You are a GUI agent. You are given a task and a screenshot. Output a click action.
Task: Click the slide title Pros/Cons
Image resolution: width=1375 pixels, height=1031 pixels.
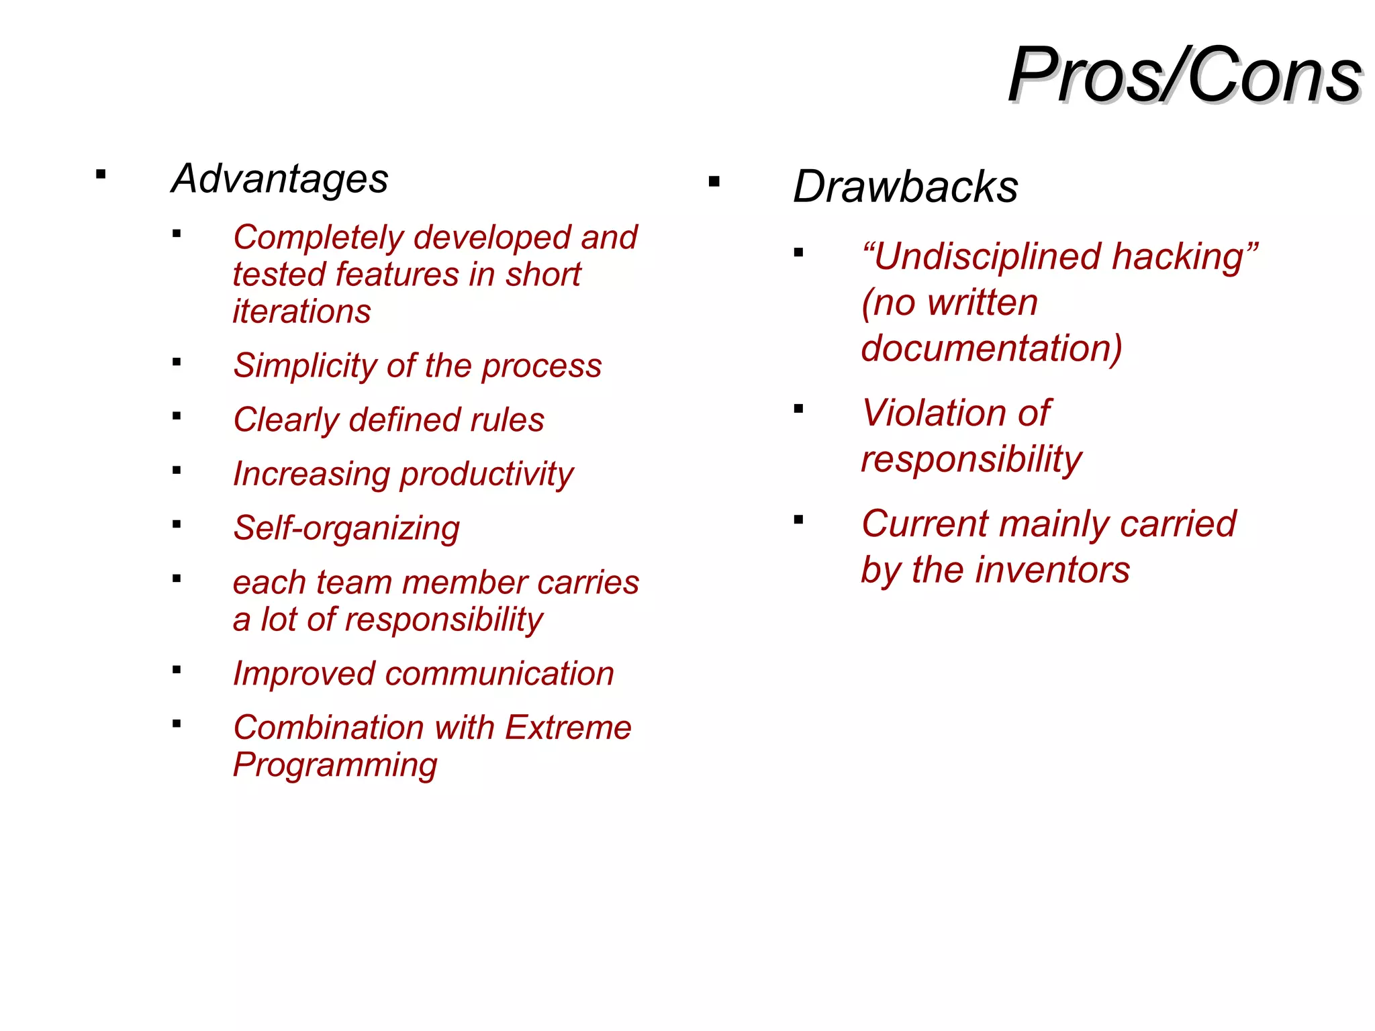coord(1184,75)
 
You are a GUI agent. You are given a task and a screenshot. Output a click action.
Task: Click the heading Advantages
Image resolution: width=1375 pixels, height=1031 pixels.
coord(280,179)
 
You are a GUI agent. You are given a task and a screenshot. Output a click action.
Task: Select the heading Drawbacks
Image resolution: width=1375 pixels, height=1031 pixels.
coord(905,186)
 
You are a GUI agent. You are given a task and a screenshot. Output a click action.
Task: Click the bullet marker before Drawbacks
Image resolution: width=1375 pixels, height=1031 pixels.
coord(714,181)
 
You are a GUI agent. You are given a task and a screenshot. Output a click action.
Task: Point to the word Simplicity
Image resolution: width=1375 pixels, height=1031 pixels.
coord(305,366)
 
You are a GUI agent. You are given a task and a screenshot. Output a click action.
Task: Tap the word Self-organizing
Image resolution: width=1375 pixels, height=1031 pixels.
coord(346,528)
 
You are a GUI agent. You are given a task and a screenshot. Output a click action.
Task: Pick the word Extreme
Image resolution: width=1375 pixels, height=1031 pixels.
coord(568,728)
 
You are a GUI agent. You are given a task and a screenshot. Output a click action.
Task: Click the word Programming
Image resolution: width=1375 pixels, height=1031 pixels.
coord(335,765)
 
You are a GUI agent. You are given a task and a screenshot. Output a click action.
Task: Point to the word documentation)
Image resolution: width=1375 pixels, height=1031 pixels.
coord(992,348)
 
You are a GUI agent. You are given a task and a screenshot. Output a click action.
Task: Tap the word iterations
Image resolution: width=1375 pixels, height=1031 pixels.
coord(301,311)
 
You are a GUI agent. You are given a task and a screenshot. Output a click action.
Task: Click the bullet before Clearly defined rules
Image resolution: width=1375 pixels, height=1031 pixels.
coord(177,416)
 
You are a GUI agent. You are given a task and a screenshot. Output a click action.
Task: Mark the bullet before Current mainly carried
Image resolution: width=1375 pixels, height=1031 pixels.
coord(798,520)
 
